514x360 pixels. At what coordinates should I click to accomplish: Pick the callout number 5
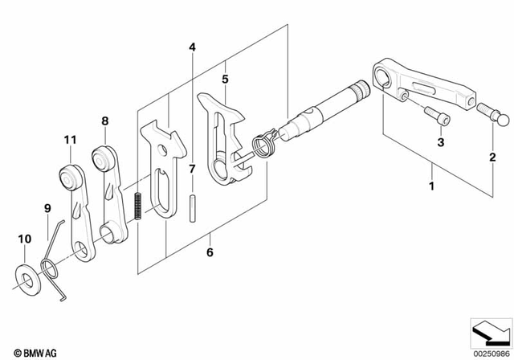point(225,80)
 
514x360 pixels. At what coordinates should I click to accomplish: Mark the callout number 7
point(192,170)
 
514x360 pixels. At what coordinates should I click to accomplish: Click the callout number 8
point(105,121)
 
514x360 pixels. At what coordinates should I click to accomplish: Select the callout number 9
point(47,209)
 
